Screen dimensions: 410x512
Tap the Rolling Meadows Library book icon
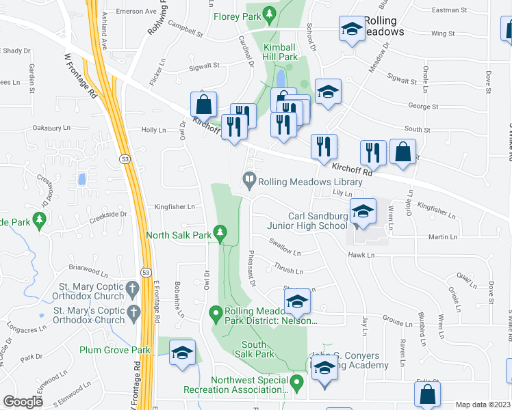pos(249,182)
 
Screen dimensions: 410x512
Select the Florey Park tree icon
pos(270,13)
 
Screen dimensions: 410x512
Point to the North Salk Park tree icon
pos(220,234)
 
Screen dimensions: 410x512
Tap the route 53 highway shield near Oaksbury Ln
pos(123,159)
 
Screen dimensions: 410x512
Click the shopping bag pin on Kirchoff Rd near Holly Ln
pos(204,107)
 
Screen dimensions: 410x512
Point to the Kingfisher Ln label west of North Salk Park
pos(175,206)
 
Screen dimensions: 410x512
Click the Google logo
pos(24,401)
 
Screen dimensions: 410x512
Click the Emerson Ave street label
pos(137,12)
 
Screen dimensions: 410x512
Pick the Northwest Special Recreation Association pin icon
pos(296,383)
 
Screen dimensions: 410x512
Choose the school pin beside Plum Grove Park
pos(182,353)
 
